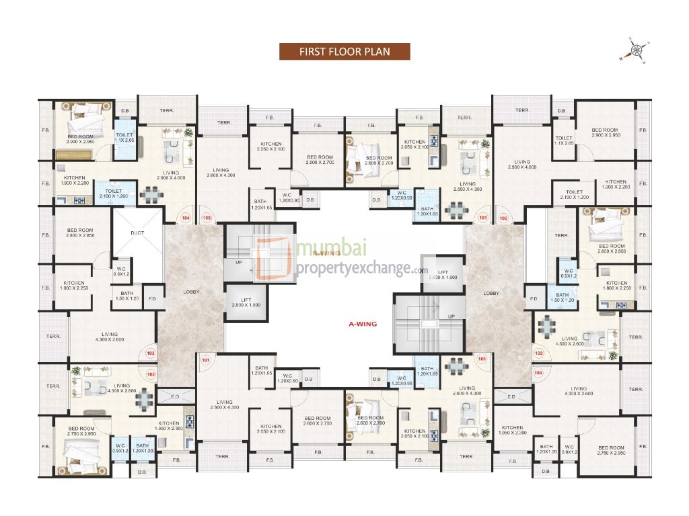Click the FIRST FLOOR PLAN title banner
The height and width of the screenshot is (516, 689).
click(x=344, y=52)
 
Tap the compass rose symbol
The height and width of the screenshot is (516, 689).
click(x=636, y=50)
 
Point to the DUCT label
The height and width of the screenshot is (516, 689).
click(x=137, y=233)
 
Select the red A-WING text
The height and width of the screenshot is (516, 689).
click(x=363, y=324)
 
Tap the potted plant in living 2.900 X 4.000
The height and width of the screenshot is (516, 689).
click(x=188, y=132)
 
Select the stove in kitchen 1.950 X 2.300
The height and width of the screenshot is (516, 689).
click(x=190, y=422)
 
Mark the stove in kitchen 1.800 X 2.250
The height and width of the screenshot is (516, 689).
click(x=620, y=305)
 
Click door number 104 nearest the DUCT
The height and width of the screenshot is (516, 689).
click(x=185, y=218)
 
